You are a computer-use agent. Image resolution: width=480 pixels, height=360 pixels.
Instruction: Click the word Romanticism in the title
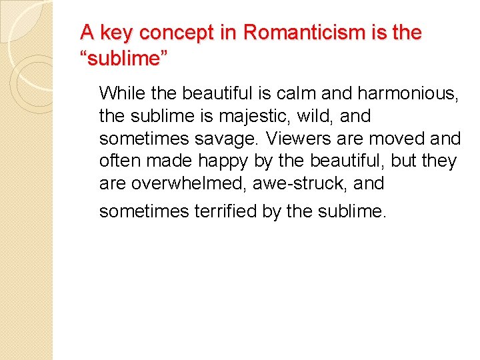coord(292,33)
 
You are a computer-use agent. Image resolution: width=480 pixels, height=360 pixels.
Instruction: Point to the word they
coord(441,161)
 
